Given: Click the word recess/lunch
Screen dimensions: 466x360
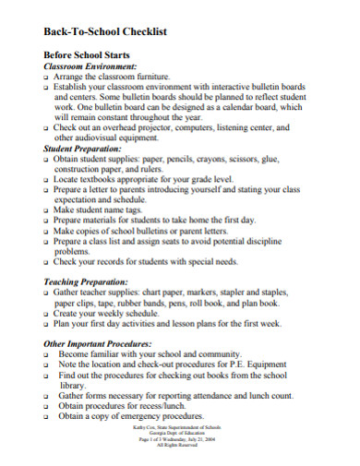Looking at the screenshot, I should (165, 405).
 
